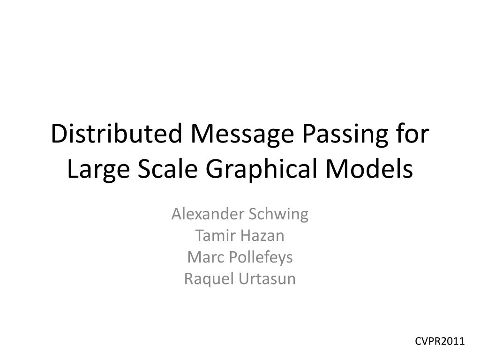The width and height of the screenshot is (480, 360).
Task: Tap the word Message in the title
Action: [x=242, y=135]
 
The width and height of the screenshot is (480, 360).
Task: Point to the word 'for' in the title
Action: [x=414, y=135]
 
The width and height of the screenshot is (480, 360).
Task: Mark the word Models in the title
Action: [x=371, y=170]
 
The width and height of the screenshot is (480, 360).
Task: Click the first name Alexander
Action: [x=208, y=214]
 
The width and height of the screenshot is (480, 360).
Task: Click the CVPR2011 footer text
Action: [x=440, y=341]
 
